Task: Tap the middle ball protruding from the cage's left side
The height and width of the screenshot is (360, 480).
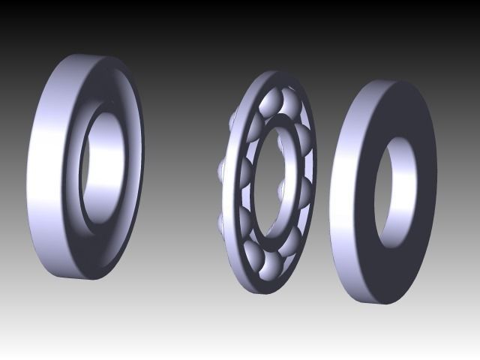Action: [x=220, y=169]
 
